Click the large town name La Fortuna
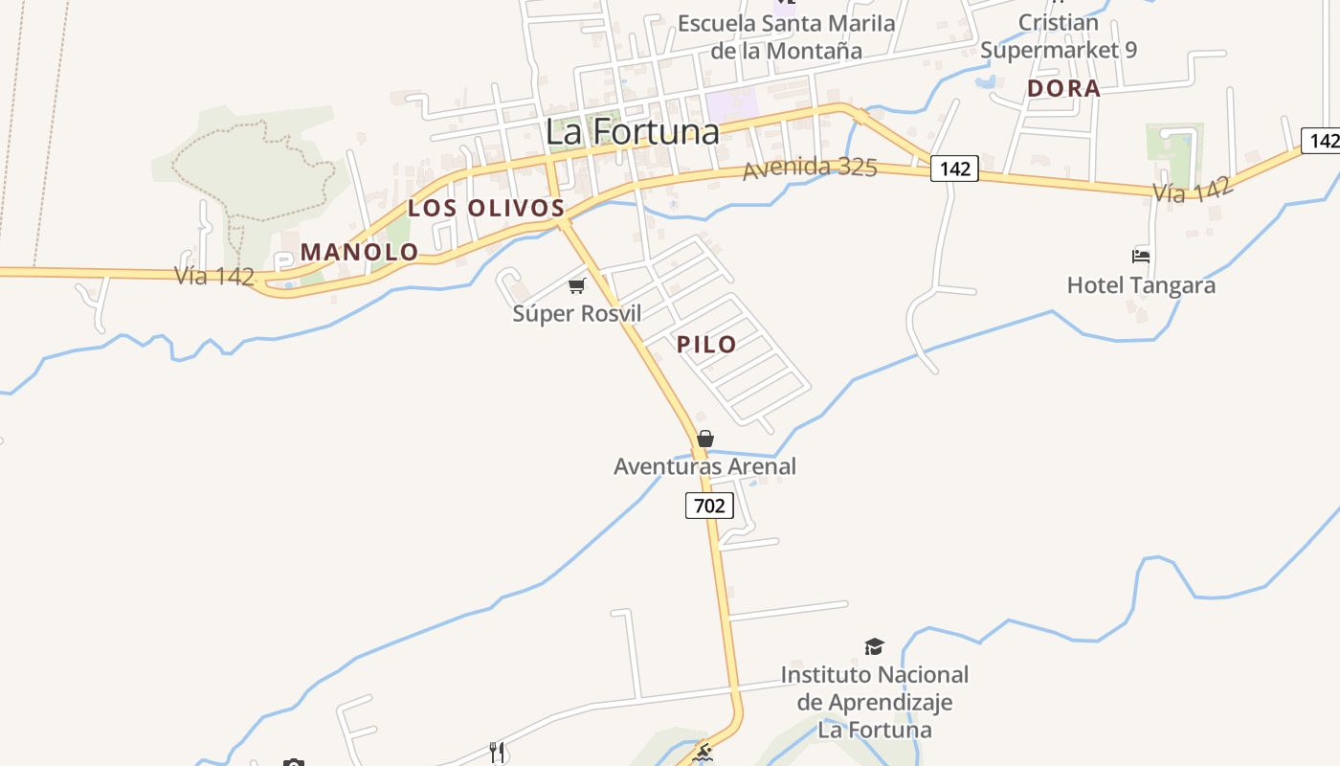coord(632,131)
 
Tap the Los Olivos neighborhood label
coord(486,208)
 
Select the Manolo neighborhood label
coord(359,252)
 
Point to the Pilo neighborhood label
coord(706,345)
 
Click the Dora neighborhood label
coord(1063,89)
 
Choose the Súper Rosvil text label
coord(576,313)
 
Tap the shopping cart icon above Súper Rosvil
coord(576,285)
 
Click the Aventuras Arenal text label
coord(704,466)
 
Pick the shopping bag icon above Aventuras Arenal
coord(705,439)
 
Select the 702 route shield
coord(709,506)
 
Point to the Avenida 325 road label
coord(810,168)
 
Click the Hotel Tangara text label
coord(1141,285)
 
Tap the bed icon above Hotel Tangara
coord(1141,256)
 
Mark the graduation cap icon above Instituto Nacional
coord(874,647)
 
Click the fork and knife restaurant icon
coord(496,753)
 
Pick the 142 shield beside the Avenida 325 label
coord(954,169)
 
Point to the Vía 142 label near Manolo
coord(214,276)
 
